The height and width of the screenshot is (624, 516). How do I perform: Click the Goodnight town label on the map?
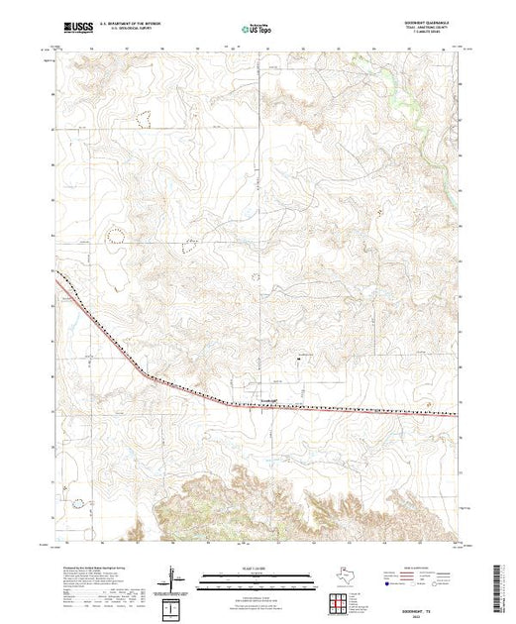click(269, 400)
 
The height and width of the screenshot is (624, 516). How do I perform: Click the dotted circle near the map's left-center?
click(115, 234)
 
